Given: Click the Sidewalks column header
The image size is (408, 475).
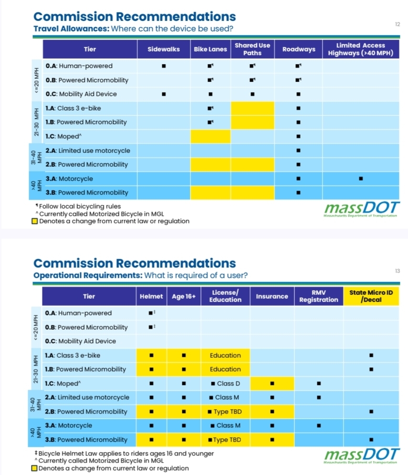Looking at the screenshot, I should pos(163,49).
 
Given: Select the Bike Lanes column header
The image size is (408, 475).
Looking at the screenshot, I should pos(210,49).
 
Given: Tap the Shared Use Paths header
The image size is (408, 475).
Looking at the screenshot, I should pos(252,49).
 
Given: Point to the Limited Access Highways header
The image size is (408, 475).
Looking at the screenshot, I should pos(360,49).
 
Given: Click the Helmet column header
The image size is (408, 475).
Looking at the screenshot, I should pos(151,296).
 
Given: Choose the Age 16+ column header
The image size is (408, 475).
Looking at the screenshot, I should pos(184,296).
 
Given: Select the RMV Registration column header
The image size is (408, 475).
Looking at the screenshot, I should pos(318,296).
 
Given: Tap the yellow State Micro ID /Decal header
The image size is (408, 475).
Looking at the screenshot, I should pos(371,296).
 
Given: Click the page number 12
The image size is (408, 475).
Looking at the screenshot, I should pos(398,24).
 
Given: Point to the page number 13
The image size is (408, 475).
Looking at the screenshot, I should pos(397,271).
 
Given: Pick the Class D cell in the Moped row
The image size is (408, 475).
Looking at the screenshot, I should pos(225,383).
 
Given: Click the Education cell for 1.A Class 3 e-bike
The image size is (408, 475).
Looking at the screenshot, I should pos(225,355).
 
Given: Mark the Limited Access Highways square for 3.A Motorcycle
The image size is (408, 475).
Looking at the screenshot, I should pos(360,179).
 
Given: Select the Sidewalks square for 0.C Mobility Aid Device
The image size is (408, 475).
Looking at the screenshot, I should pos(163,94).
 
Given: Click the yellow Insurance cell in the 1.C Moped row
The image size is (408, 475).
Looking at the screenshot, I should pos(272,383).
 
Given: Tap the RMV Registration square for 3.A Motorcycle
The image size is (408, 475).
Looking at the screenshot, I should pos(318,425).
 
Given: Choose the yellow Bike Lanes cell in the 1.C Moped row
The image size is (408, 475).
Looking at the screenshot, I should pos(210,136).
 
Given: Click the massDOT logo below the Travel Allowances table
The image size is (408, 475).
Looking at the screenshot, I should pos(360,210).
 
